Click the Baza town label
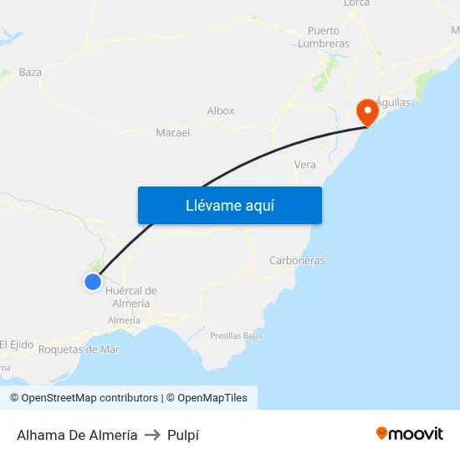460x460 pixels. pos(30,72)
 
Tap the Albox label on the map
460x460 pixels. pos(221,110)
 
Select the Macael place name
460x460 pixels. pos(172,132)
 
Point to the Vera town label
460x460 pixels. pos(305,165)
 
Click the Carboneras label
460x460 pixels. pos(297,260)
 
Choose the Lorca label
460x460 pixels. pos(356,3)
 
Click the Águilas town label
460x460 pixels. pos(392,102)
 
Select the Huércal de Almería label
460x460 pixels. pos(131,297)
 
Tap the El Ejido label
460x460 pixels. pos(16,344)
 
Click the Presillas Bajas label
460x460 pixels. pos(237,335)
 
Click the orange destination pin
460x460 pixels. pos(367,111)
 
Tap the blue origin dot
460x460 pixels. pos(93,282)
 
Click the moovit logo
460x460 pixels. pos(410,433)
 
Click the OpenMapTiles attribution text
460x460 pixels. pos(212,398)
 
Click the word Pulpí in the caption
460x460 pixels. pos(183,435)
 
